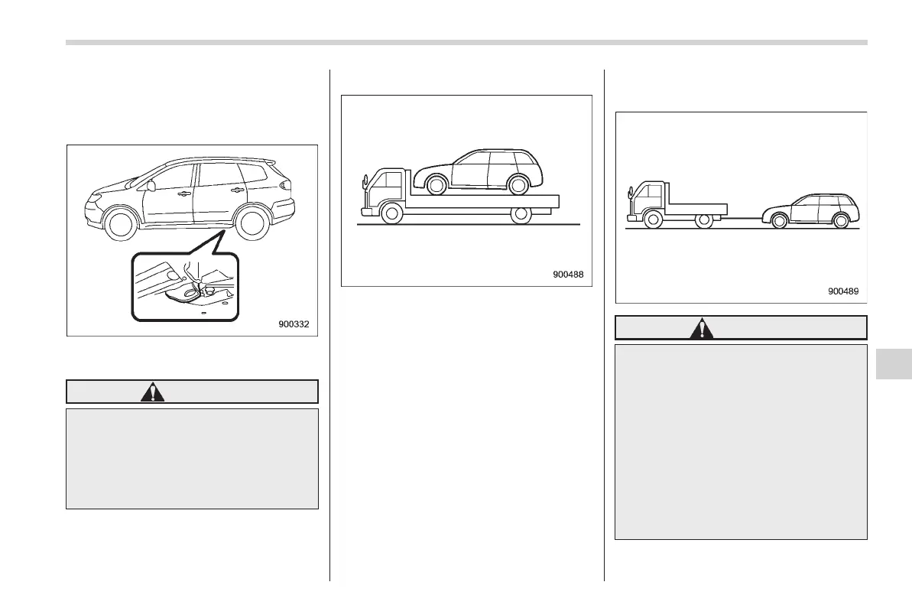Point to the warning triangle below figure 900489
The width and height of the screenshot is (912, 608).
(701, 328)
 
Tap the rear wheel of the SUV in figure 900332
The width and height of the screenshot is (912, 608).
(252, 223)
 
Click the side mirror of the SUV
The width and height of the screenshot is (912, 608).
(151, 186)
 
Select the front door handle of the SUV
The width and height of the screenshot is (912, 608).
(183, 194)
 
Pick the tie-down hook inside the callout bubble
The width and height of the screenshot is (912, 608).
(200, 288)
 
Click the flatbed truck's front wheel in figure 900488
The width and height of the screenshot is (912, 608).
(392, 215)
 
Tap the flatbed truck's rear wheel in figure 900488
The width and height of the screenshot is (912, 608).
(521, 215)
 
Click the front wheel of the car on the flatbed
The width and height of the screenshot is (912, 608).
(436, 184)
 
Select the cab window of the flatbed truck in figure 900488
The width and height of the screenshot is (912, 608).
(391, 184)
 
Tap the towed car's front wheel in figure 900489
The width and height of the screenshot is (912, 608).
(779, 222)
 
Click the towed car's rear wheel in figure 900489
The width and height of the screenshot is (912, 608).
(841, 222)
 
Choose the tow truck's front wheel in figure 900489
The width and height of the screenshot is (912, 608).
(652, 220)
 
